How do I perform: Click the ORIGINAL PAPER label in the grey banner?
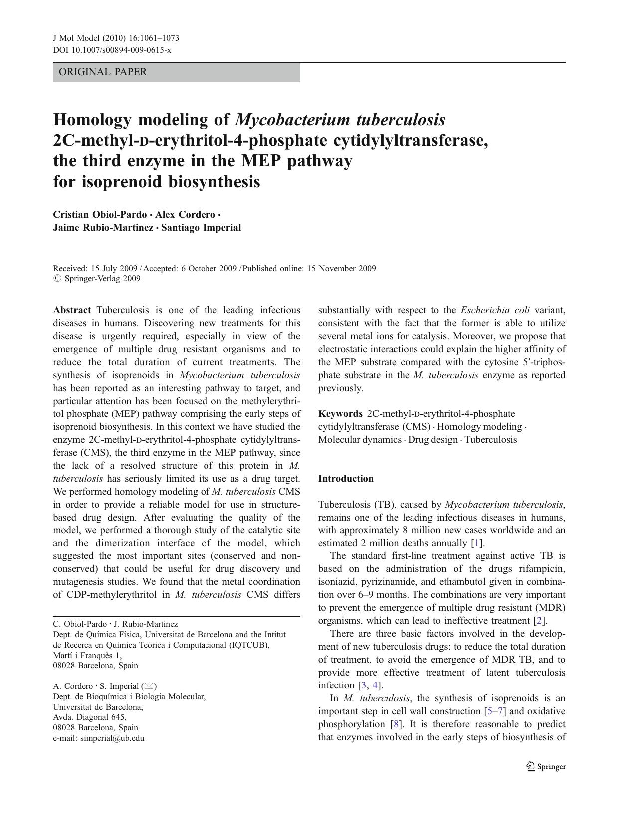(103, 72)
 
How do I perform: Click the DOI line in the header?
(112, 50)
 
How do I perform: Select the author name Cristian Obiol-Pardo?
(100, 215)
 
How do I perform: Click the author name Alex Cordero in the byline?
(185, 215)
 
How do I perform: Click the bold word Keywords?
(340, 414)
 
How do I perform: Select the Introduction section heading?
(346, 479)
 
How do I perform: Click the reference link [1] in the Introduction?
(477, 543)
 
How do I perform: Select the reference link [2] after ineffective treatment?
(540, 621)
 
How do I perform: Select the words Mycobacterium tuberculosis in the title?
(340, 120)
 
